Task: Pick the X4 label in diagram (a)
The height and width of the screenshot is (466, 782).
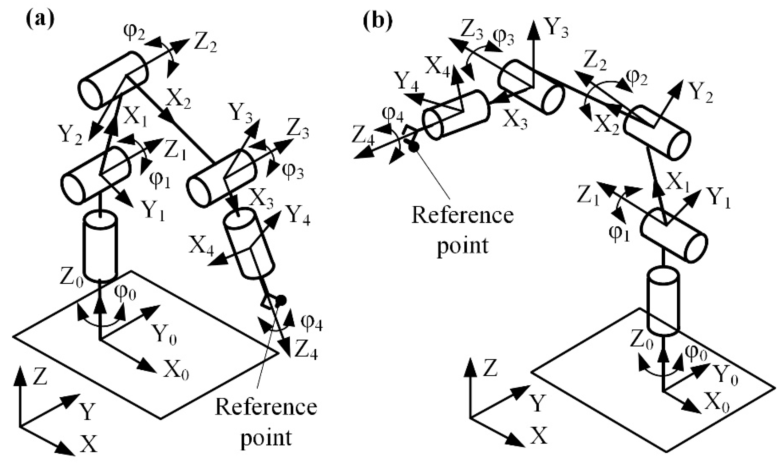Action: [x=201, y=249]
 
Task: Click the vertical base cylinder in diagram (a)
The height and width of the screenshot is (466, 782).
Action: [x=100, y=247]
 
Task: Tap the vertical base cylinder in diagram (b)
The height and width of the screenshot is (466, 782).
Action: [x=663, y=302]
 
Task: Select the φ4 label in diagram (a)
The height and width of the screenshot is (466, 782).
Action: [x=311, y=323]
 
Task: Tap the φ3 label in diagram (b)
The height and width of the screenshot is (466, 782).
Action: [x=503, y=37]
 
